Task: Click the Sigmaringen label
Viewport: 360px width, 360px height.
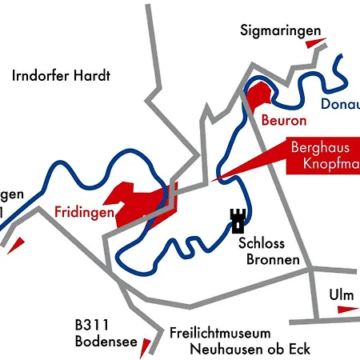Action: pos(280,31)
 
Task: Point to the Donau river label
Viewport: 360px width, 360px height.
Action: pos(339,105)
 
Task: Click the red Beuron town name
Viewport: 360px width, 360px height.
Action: pos(283,122)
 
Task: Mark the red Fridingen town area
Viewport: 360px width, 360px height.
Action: pos(140,204)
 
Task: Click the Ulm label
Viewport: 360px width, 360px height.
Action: pos(341,294)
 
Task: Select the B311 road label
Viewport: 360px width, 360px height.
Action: pos(91,326)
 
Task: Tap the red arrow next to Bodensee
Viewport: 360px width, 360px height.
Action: pos(146,346)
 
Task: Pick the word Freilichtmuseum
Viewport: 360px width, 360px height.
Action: pos(220,333)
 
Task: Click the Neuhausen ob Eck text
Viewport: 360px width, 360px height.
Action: pos(248,349)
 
